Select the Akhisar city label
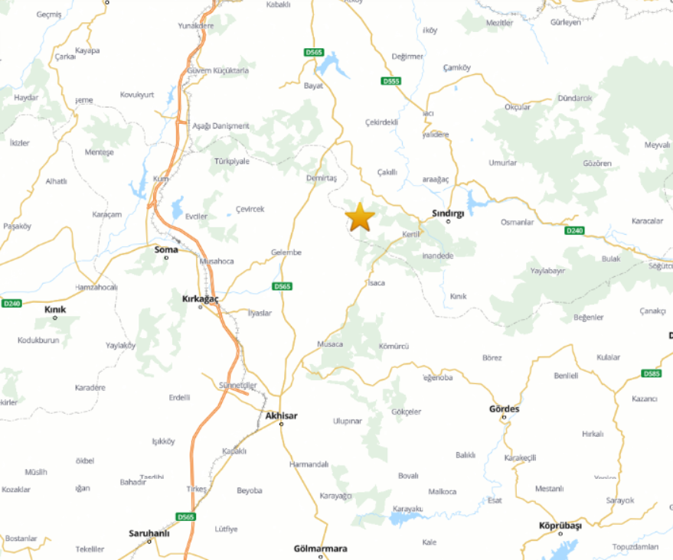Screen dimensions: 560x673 (x=280, y=416)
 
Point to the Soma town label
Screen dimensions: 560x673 (x=166, y=249)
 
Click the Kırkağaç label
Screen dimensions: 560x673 (x=201, y=298)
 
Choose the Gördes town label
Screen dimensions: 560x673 (x=504, y=409)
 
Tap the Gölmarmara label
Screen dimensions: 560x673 (x=321, y=549)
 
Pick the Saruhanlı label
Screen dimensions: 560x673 (x=149, y=533)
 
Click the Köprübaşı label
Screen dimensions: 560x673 (x=560, y=526)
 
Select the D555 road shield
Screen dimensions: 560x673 (x=390, y=81)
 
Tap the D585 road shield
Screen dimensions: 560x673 (x=652, y=373)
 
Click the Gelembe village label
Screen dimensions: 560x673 (x=286, y=252)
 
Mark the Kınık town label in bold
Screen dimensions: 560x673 (x=55, y=309)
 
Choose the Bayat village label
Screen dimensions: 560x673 (x=314, y=86)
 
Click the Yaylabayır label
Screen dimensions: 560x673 (x=548, y=271)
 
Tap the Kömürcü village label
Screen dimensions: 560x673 (x=394, y=346)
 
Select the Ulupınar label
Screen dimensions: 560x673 (x=347, y=421)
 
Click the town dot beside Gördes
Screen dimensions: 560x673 (x=504, y=418)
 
